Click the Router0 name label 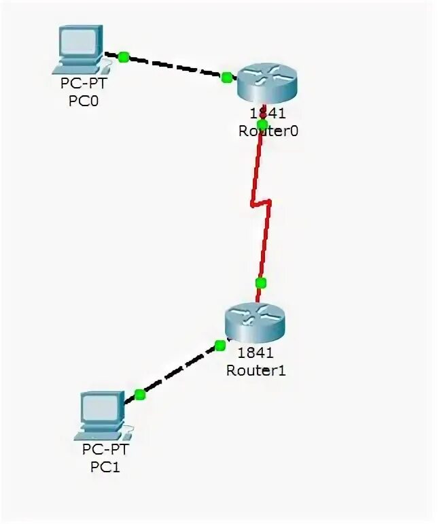(x=268, y=131)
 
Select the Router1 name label (x=256, y=370)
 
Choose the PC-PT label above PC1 (x=105, y=450)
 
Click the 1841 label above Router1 (x=255, y=353)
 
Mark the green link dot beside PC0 (x=123, y=57)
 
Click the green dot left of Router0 (x=226, y=77)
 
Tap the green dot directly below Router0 (x=262, y=124)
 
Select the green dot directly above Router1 (x=260, y=282)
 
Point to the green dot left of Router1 (x=219, y=346)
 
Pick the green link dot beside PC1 (x=140, y=394)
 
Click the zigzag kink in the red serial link (x=261, y=202)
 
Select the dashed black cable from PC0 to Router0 (x=175, y=67)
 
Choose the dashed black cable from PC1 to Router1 (x=180, y=370)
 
